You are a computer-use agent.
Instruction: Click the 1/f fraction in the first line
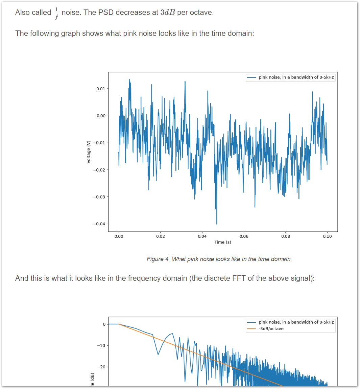tap(56, 13)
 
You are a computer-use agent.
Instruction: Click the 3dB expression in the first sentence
tap(168, 13)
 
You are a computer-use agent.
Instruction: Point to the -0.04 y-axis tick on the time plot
tap(99, 224)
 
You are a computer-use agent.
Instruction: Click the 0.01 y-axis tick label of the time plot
tap(100, 89)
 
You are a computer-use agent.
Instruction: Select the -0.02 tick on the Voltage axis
tap(99, 170)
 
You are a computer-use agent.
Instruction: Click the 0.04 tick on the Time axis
tap(202, 236)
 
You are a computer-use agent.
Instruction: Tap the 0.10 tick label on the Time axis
tap(327, 236)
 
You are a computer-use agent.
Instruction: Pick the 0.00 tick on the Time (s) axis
tap(119, 236)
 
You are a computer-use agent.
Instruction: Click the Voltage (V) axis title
tap(89, 152)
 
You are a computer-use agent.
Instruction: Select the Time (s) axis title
tap(223, 242)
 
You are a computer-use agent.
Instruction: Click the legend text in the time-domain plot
tap(296, 77)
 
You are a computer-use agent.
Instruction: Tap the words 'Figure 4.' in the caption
tap(158, 259)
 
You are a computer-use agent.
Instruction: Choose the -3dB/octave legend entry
tap(271, 329)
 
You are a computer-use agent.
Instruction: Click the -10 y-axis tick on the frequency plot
tap(101, 345)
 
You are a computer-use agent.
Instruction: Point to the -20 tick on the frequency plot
tap(101, 367)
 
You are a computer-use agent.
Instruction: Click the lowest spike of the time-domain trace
tap(217, 223)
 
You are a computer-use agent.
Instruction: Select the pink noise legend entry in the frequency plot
tap(296, 322)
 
